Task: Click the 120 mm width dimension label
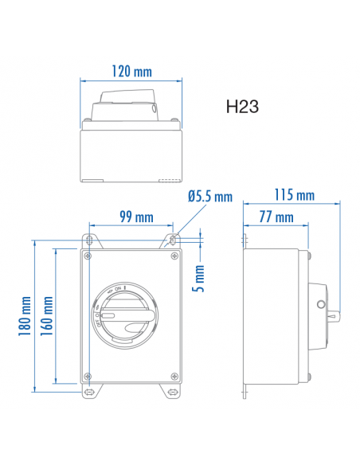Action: pos(132,72)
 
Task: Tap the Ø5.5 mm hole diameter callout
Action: pos(209,197)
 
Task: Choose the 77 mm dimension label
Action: pos(276,217)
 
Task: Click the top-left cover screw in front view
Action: pos(88,256)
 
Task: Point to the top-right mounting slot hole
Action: pos(173,239)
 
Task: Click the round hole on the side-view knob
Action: pos(320,304)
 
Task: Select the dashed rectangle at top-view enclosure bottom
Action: pos(170,181)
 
